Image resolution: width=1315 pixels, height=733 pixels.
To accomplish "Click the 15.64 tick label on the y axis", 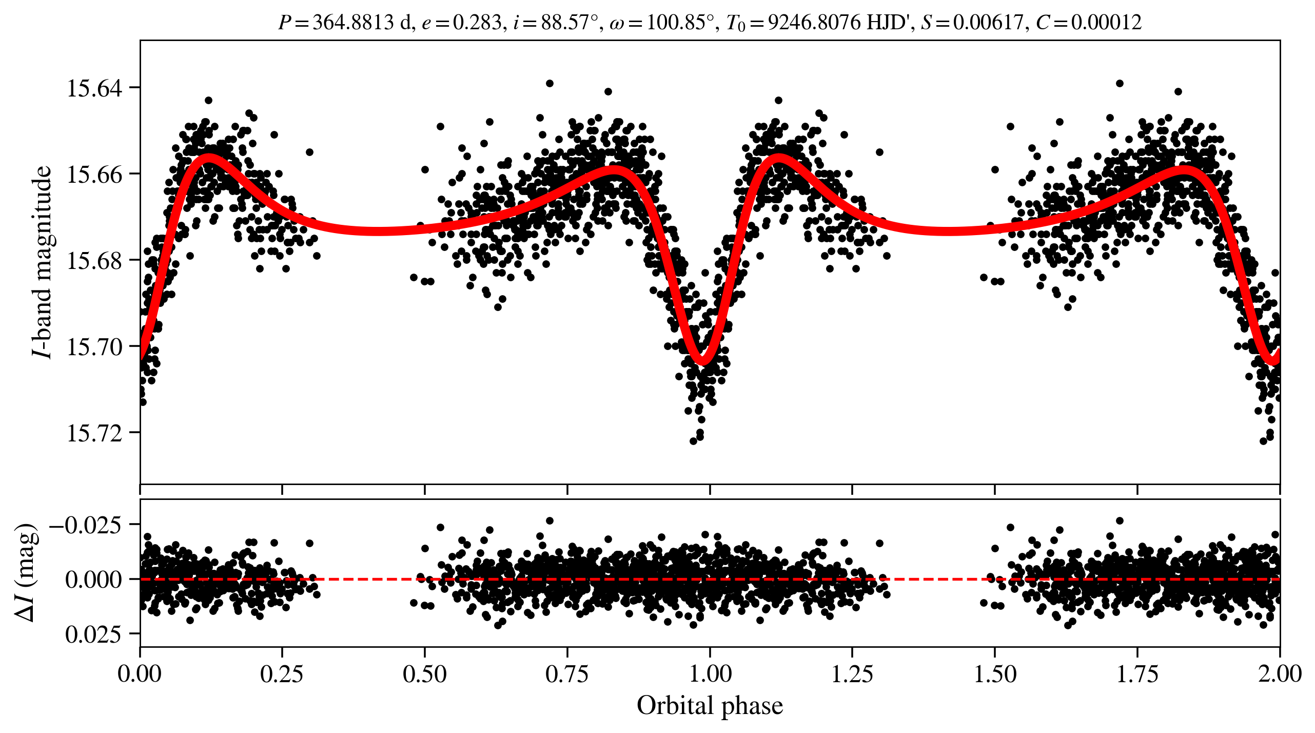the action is coord(95,88).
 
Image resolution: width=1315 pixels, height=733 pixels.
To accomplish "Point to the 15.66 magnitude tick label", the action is coord(95,175).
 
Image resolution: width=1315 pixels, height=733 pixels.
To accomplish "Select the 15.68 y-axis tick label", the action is coord(95,261).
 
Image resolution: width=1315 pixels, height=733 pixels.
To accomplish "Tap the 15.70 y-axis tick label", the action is coord(95,347).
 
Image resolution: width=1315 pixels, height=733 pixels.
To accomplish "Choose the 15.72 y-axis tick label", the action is coord(95,433).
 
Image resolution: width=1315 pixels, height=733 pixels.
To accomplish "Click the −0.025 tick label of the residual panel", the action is coord(86,525).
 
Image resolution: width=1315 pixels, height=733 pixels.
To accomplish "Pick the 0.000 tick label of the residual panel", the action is coord(94,580).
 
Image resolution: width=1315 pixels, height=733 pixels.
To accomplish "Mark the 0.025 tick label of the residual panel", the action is coord(94,634).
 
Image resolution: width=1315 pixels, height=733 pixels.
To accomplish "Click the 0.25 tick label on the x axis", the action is coord(282,674).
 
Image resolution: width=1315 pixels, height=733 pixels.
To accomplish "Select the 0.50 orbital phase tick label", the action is coord(425,674).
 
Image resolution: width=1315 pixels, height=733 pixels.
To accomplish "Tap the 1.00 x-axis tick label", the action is coord(710,674).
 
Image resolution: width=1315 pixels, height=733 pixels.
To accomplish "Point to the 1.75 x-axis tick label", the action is coord(1137,674).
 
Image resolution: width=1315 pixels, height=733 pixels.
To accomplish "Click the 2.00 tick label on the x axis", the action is coord(1280,674).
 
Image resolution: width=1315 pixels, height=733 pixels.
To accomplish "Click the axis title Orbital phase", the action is coord(710,706).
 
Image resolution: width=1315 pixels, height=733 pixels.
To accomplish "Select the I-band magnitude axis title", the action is coord(42,262).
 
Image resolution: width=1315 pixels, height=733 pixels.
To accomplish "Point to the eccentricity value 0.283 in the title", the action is coord(477,23).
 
